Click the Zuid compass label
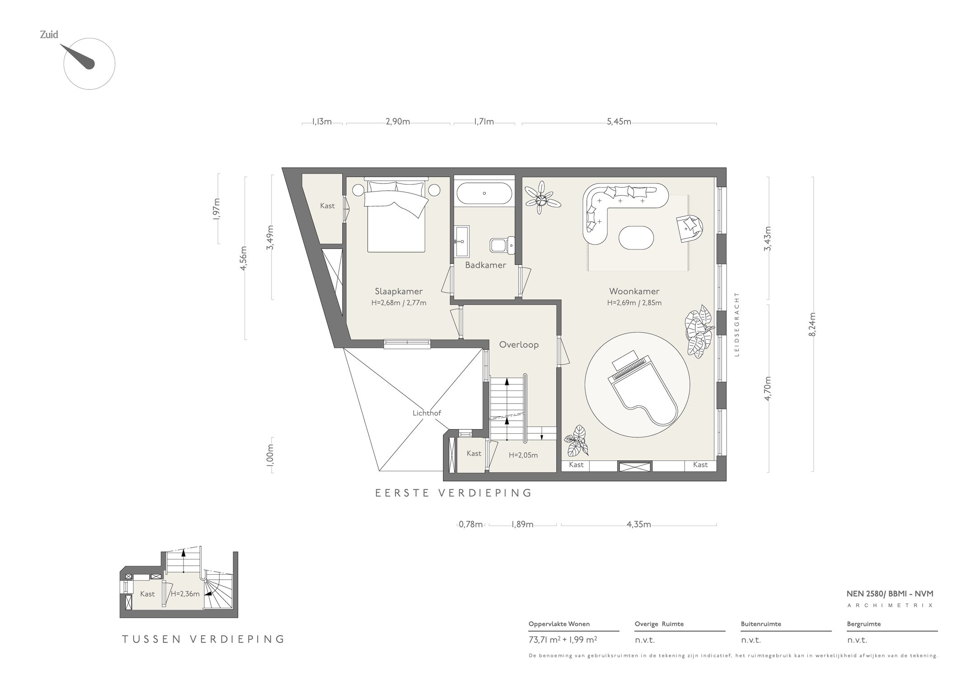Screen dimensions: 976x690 tap(49, 35)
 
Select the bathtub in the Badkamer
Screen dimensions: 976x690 tap(484, 193)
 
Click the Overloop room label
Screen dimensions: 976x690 tap(519, 345)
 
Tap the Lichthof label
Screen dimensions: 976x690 tap(427, 413)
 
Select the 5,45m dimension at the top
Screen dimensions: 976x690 tap(619, 122)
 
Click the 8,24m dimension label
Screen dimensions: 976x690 tap(813, 324)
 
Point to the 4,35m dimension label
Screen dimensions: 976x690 tap(638, 525)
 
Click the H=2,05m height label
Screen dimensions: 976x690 tap(523, 455)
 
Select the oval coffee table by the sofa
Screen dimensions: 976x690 tap(636, 237)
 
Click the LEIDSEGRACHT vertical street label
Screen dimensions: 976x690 tap(737, 324)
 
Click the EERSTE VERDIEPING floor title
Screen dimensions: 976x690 tap(454, 493)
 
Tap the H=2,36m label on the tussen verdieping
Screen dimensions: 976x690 tap(185, 594)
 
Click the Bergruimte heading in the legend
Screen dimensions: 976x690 tap(864, 624)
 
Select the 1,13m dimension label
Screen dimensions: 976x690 tap(322, 122)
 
